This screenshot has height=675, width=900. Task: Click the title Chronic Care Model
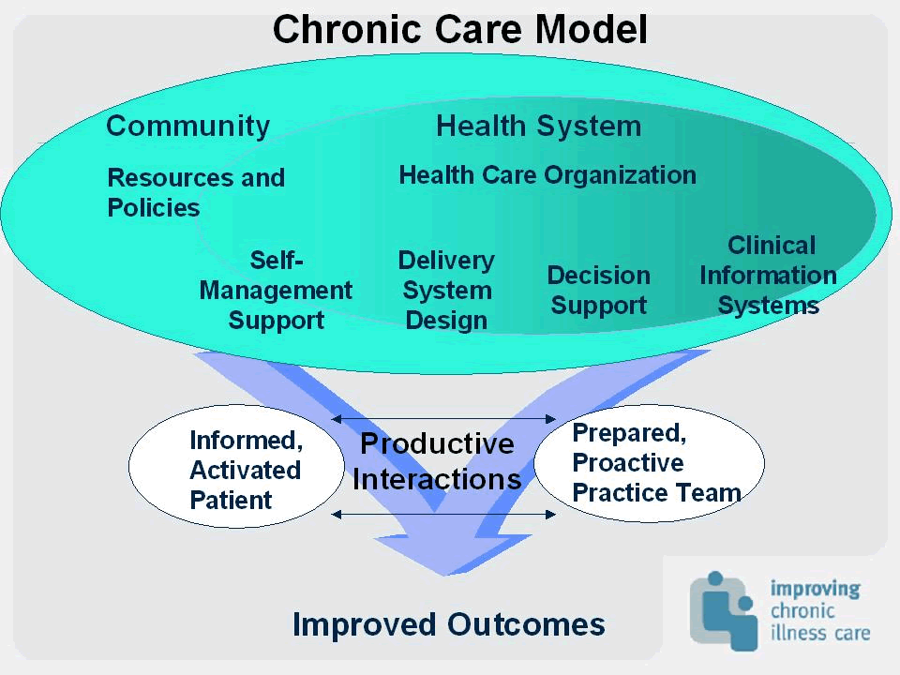click(459, 29)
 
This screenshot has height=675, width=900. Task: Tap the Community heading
click(188, 127)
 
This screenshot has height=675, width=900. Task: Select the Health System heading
click(538, 127)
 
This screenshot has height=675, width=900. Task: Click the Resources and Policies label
click(196, 192)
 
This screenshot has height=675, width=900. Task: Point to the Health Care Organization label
click(547, 175)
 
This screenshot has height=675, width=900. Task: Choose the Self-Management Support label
click(276, 291)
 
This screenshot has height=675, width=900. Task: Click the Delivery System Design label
click(446, 291)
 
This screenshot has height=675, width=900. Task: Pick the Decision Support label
click(599, 291)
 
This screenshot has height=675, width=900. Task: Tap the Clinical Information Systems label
click(768, 276)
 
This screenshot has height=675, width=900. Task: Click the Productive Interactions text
click(437, 461)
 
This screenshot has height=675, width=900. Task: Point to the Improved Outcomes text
click(449, 624)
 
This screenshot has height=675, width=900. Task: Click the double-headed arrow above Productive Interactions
click(443, 419)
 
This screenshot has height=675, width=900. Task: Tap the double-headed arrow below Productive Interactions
click(443, 515)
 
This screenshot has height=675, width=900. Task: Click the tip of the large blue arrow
click(444, 575)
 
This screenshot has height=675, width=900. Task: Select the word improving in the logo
click(815, 589)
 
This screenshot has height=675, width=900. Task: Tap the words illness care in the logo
click(820, 633)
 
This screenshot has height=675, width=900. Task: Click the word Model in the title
click(592, 29)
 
